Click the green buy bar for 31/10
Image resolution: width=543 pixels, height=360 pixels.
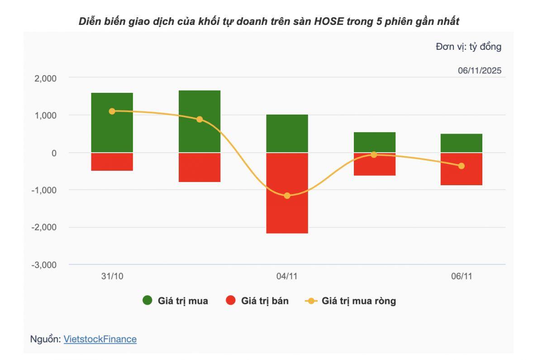(x=112, y=123)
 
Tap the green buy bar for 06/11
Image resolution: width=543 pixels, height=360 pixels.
(x=461, y=143)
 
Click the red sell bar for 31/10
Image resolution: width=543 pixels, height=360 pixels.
(x=112, y=162)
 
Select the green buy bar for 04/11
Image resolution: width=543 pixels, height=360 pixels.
(x=287, y=134)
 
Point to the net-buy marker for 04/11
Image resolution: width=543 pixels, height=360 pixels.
(x=287, y=196)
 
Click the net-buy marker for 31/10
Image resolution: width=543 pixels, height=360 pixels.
(x=112, y=111)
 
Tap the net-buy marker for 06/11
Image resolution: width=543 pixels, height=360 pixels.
(x=461, y=166)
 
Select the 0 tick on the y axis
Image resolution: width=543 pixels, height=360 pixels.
(x=54, y=153)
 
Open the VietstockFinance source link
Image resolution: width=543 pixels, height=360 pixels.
(x=100, y=339)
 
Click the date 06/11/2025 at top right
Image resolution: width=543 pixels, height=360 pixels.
(x=479, y=71)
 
